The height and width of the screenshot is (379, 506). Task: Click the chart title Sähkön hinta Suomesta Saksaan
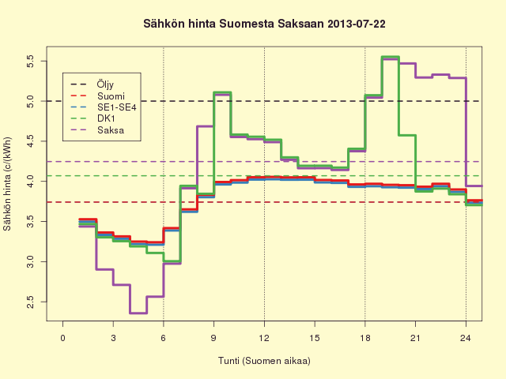pos(234,24)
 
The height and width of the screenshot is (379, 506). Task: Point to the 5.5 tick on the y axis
pos(30,61)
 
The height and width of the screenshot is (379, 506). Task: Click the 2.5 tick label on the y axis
pos(30,302)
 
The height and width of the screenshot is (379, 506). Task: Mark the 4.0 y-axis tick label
pos(30,182)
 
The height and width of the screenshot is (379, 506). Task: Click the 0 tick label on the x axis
pos(62,338)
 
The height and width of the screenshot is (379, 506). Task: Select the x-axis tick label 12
pos(264,338)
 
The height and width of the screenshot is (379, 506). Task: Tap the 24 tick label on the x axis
pos(466,338)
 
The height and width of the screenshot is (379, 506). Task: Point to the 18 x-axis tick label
pos(365,338)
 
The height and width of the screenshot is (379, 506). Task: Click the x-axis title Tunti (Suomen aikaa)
pos(264,361)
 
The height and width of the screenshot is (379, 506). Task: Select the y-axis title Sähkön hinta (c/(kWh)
pos(7,184)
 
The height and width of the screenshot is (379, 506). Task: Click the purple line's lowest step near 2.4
pos(138,313)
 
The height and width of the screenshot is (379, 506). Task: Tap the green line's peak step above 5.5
pos(390,57)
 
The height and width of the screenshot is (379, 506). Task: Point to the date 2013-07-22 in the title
pos(357,24)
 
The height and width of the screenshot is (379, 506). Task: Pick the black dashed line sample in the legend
pos(78,84)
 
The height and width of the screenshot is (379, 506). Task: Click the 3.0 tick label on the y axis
pos(30,261)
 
